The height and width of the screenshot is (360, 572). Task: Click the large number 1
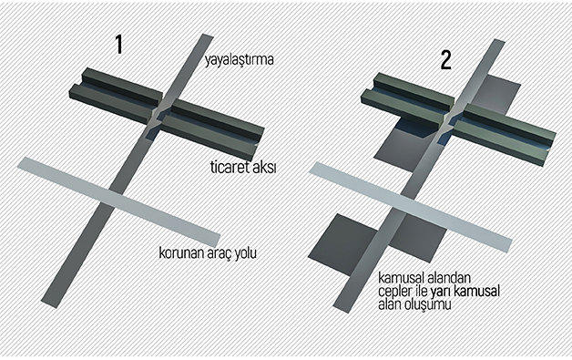tap(118, 44)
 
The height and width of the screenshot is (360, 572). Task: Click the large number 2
tap(445, 60)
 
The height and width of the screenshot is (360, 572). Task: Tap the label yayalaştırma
tap(240, 60)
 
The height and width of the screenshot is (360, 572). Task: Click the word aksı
tap(265, 167)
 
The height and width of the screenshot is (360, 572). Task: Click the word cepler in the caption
tap(395, 292)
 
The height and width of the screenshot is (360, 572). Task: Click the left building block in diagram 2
tap(407, 99)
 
